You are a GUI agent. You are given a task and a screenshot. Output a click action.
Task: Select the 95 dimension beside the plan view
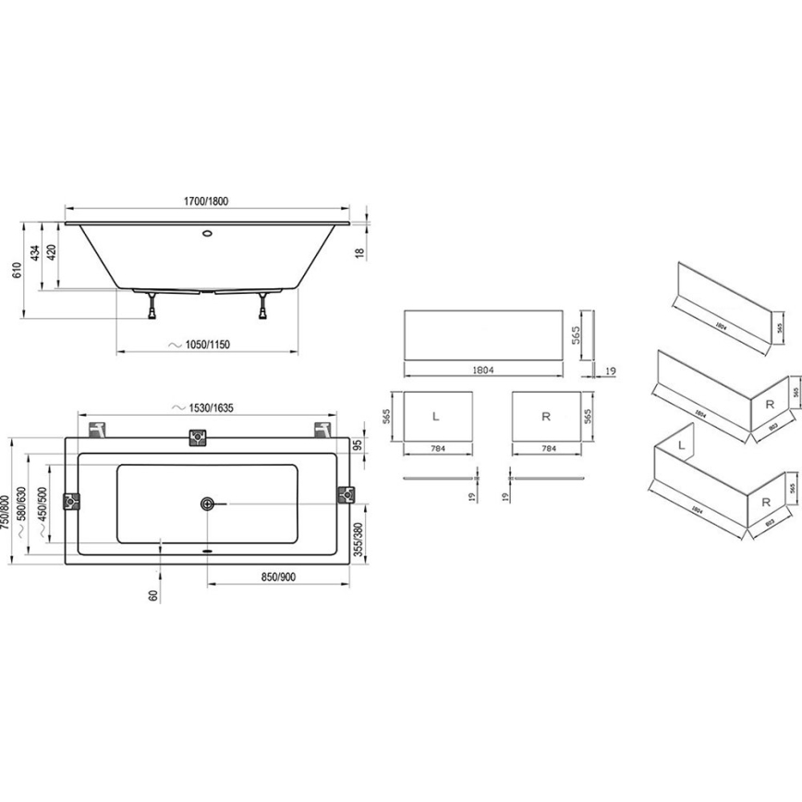[359, 445]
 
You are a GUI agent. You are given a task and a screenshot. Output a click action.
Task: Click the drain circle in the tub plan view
[206, 504]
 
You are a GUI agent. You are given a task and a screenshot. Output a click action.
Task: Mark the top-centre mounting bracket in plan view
[197, 438]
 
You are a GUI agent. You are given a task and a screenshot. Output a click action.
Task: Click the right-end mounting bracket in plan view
[346, 494]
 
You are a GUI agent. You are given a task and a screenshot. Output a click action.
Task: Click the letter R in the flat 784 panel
[546, 417]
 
